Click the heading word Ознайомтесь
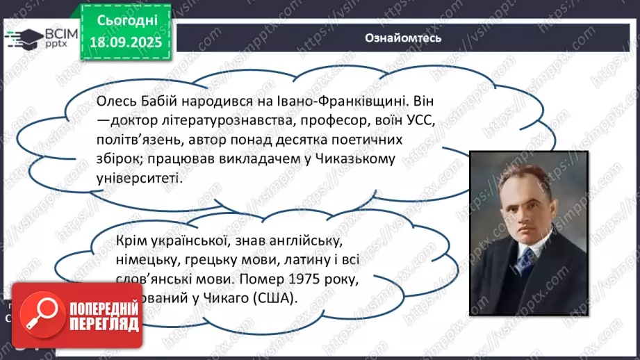[x=403, y=38]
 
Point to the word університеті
[x=139, y=178]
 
